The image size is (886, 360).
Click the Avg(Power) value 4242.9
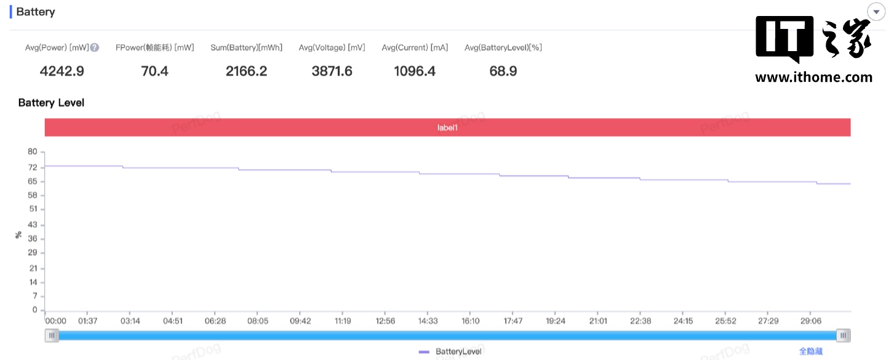click(62, 71)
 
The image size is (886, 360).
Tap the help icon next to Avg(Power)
click(95, 47)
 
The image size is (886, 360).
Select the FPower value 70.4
click(154, 71)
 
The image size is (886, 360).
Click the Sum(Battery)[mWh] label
click(246, 47)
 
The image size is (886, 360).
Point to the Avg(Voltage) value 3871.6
click(332, 71)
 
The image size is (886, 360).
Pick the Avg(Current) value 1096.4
click(415, 71)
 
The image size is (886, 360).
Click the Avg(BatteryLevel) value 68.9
click(503, 71)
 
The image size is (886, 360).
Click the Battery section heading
click(35, 12)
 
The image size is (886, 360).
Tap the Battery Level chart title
click(51, 103)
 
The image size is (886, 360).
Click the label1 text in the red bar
click(447, 127)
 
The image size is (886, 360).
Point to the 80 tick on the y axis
click(33, 152)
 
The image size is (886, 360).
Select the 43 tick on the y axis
click(33, 225)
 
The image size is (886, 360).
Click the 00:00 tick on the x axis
click(56, 321)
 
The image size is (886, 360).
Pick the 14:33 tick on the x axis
click(428, 321)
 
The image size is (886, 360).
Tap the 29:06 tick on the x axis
click(811, 321)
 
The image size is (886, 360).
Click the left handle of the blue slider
click(52, 335)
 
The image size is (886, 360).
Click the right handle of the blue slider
click(844, 335)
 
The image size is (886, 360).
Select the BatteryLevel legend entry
click(450, 351)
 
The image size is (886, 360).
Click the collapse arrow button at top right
click(875, 12)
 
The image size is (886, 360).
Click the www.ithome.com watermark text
click(813, 78)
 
